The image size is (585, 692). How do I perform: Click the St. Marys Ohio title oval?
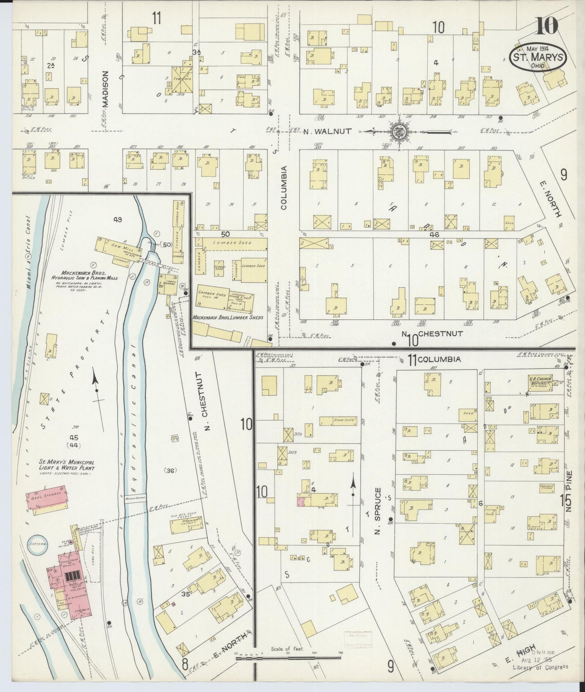tap(538, 57)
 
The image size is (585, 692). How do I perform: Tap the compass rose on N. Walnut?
tap(396, 131)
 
